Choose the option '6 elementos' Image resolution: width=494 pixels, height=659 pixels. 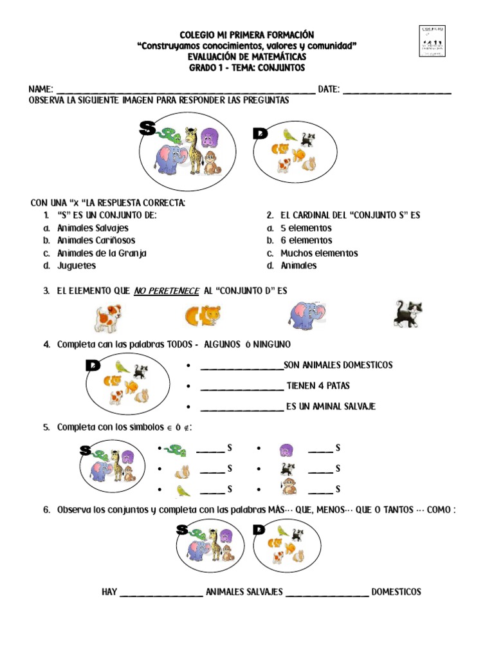pyautogui.click(x=306, y=241)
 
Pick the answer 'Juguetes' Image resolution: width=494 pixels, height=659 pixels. pyautogui.click(x=77, y=265)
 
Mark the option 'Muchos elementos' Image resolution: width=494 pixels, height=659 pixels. pyautogui.click(x=319, y=253)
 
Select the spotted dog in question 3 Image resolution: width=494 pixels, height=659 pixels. pyautogui.click(x=108, y=317)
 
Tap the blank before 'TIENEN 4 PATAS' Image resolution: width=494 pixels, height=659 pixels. pyautogui.click(x=241, y=388)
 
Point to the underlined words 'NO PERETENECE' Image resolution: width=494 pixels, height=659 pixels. pyautogui.click(x=167, y=291)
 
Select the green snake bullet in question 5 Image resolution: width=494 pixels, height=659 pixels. pyautogui.click(x=174, y=449)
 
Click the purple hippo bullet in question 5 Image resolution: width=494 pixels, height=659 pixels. pyautogui.click(x=286, y=450)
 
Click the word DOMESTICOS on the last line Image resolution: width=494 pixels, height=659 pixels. pyautogui.click(x=396, y=591)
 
